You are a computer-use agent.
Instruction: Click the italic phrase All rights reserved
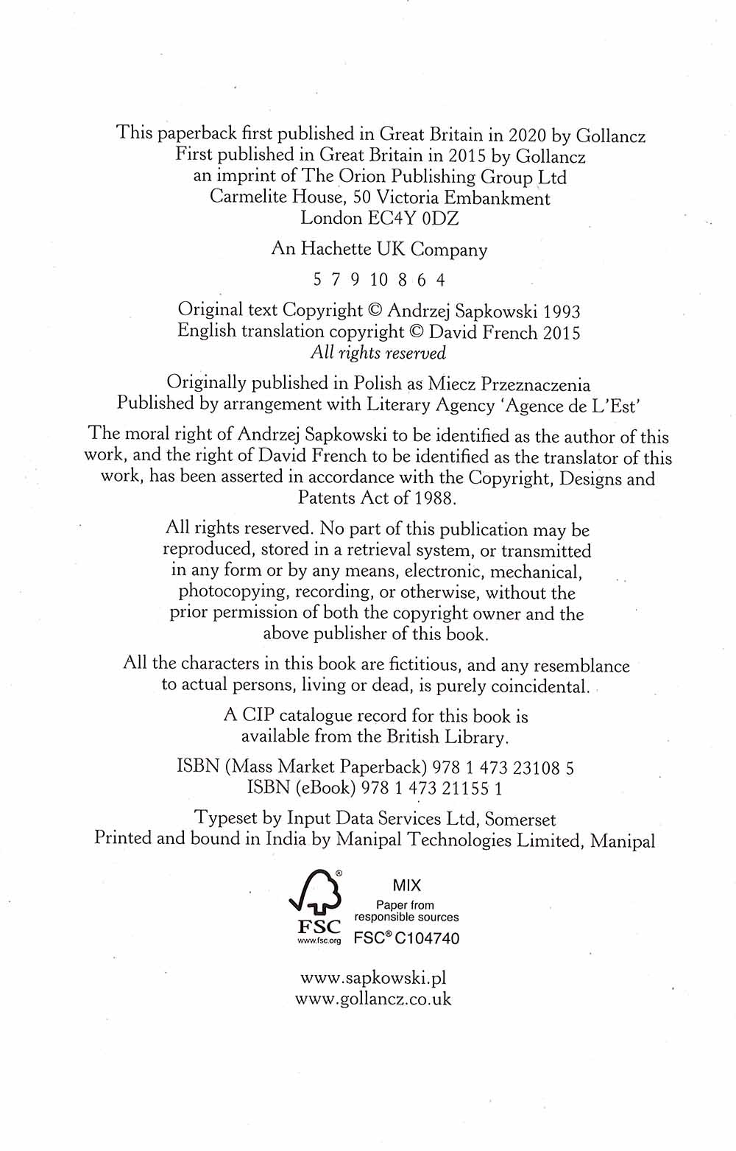(x=378, y=353)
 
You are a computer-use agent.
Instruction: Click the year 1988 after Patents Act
(x=434, y=499)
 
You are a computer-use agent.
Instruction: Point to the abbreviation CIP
(x=258, y=716)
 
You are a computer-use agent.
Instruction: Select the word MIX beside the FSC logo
(x=406, y=886)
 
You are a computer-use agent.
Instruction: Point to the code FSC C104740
(x=406, y=938)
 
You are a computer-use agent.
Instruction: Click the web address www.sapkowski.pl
(x=374, y=979)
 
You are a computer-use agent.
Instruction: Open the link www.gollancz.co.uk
(x=373, y=999)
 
